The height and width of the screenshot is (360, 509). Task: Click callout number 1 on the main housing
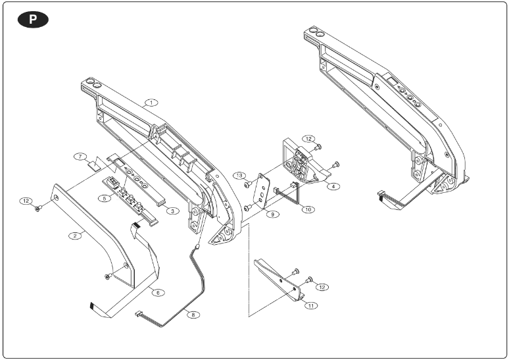coord(152,103)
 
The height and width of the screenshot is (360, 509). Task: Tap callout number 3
coord(172,211)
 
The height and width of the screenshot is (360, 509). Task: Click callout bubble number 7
coord(79,157)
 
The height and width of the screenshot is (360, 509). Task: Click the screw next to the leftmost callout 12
coord(39,207)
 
